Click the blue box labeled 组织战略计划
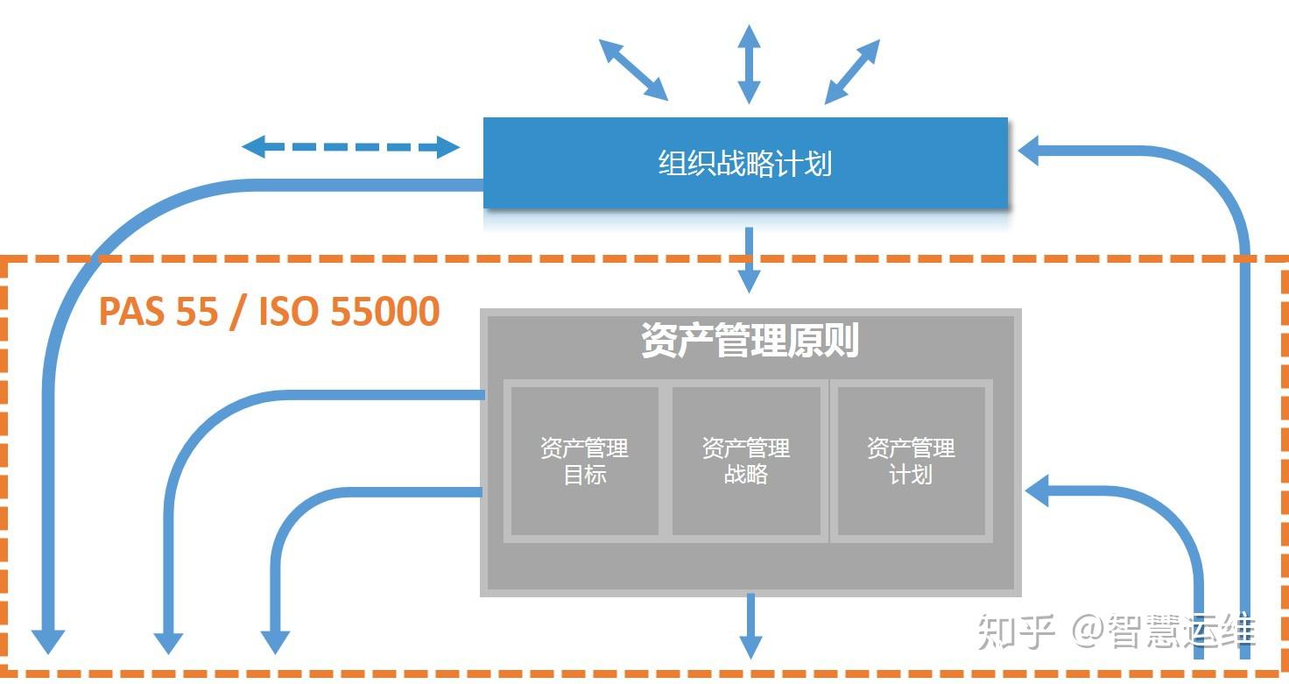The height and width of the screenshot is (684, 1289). [745, 164]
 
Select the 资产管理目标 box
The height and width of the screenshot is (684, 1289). [584, 461]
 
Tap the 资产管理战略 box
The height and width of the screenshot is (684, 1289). [746, 461]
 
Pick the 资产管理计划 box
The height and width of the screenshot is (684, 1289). [911, 461]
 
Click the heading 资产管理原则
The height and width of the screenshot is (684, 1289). [750, 341]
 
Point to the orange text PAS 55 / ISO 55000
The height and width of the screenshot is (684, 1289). [269, 312]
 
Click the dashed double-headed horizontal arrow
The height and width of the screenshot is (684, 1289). [350, 146]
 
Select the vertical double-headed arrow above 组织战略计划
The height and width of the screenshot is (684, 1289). [749, 64]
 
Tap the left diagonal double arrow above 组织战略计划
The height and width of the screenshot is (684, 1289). [633, 68]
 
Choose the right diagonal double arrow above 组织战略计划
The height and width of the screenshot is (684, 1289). [852, 71]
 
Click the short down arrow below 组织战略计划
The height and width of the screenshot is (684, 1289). [749, 260]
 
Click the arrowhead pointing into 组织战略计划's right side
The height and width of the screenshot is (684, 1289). [1032, 150]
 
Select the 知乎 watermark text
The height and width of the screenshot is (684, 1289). [1016, 631]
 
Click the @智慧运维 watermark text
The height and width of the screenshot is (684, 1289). [1165, 631]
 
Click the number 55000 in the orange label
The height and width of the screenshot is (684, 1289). [384, 312]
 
